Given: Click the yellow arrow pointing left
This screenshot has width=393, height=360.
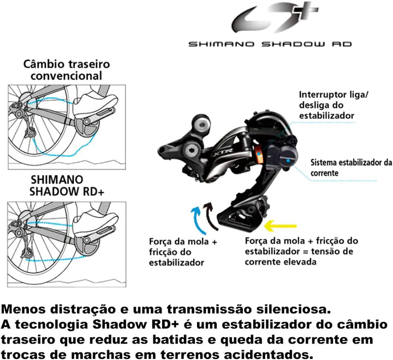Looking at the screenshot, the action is click(x=280, y=226).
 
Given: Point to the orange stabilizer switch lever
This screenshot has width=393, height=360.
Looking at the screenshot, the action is click(x=259, y=155).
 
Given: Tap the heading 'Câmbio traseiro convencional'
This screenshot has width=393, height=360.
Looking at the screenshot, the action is click(x=67, y=70).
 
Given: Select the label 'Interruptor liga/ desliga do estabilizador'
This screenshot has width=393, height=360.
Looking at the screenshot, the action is click(x=334, y=105).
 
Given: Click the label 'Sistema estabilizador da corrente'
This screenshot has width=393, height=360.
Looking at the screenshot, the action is click(x=351, y=168).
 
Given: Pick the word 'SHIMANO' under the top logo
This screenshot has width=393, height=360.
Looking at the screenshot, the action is click(x=221, y=44).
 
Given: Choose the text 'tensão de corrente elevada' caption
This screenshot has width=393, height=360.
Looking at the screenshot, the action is click(x=299, y=256).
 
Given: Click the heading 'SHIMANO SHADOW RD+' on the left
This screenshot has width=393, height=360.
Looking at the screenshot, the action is click(x=67, y=186).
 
